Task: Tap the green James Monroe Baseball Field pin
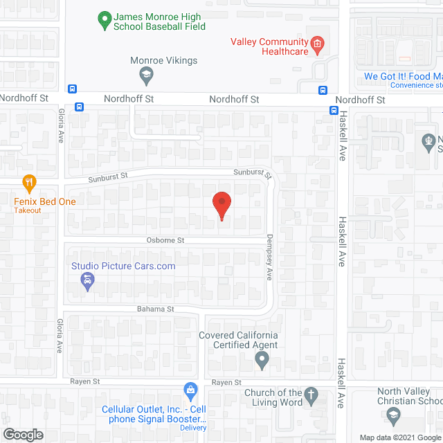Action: click(104, 21)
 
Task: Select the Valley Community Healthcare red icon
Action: click(318, 46)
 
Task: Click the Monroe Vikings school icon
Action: click(146, 73)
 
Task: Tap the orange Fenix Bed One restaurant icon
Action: click(28, 183)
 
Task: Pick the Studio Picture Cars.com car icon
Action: click(88, 280)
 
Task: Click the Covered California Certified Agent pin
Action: click(262, 359)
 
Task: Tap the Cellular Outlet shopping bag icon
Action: click(190, 392)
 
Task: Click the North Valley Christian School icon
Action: click(393, 415)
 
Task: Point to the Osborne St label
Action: click(165, 240)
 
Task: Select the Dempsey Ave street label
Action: click(270, 256)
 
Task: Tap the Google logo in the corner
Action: click(22, 434)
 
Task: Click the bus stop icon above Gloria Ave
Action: click(80, 107)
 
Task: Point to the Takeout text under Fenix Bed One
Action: click(28, 210)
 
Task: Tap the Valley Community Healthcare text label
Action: click(269, 46)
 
